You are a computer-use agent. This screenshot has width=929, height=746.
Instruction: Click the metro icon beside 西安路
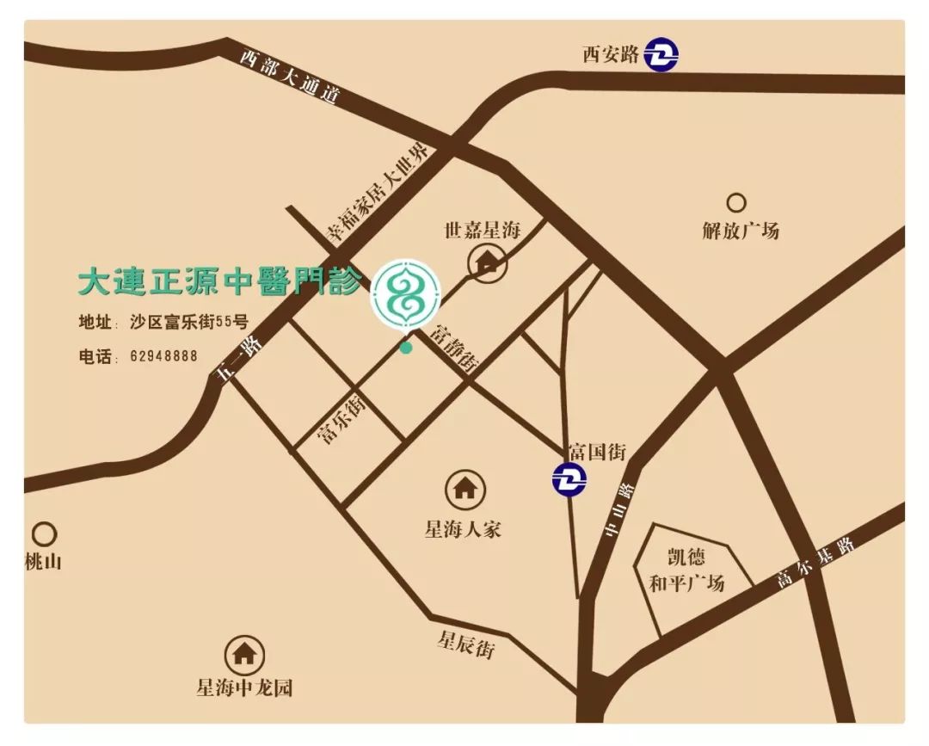click(662, 55)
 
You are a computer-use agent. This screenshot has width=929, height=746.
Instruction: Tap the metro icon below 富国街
click(569, 478)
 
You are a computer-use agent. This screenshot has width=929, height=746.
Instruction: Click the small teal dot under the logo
click(406, 348)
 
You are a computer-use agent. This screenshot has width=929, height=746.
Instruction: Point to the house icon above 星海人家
click(464, 489)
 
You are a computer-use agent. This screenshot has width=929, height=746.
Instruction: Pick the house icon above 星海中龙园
click(244, 655)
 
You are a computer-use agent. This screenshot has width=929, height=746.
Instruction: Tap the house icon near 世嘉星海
click(487, 262)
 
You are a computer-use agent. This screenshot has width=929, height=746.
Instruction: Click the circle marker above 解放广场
click(736, 203)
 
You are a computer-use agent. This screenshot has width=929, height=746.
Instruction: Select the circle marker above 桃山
click(44, 533)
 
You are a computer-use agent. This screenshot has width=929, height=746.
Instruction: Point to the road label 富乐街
click(341, 419)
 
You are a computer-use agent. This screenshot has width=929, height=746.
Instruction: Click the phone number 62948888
click(163, 355)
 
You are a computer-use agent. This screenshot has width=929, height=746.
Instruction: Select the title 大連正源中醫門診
click(220, 282)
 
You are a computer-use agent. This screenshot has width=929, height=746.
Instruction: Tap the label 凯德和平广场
click(686, 570)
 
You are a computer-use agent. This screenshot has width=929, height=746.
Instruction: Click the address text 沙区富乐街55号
click(189, 323)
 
